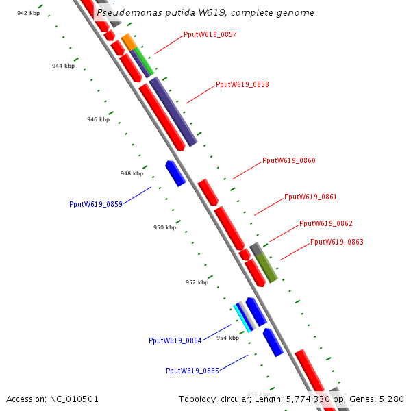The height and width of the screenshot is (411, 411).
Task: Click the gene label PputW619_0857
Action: [x=210, y=34]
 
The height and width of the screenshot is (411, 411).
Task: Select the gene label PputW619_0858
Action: [x=242, y=85]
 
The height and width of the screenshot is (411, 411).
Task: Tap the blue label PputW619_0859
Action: [x=96, y=204]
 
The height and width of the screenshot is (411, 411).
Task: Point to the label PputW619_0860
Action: [x=288, y=161]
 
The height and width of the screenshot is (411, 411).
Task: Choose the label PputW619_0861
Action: [x=310, y=197]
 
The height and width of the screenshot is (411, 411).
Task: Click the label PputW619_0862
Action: [x=326, y=224]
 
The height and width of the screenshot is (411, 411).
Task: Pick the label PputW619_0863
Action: [x=336, y=242]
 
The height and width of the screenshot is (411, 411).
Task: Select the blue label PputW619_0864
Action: [x=175, y=340]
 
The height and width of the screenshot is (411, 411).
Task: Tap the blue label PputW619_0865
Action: [x=192, y=371]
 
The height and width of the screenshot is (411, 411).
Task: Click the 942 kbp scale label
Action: [x=28, y=13]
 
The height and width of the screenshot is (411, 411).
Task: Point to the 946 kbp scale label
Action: [x=98, y=119]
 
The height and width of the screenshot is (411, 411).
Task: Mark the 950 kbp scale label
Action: [x=164, y=227]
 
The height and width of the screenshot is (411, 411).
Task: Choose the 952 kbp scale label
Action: [x=197, y=282]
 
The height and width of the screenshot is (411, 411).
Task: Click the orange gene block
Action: [x=128, y=42]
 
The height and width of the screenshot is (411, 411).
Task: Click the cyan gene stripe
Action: [x=241, y=317]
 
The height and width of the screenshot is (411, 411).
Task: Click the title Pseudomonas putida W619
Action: [x=206, y=13]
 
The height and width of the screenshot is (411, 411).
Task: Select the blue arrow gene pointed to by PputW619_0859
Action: [x=175, y=173]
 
